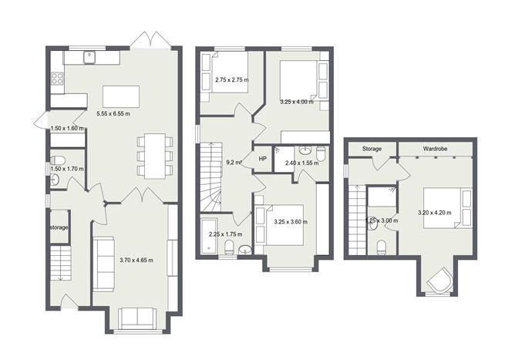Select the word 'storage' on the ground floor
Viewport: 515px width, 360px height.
[x=59, y=228]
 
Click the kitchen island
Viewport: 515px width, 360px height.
[x=121, y=96]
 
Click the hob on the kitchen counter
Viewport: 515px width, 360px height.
[x=56, y=78]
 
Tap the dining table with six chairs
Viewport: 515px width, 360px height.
[x=154, y=156]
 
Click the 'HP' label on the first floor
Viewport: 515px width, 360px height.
[x=262, y=159]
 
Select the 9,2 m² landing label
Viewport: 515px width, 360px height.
[x=234, y=163]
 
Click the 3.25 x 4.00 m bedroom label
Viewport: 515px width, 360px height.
[x=296, y=102]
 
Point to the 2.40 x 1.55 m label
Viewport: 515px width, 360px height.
[x=301, y=163]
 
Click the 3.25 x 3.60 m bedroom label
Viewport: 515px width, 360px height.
[x=291, y=222]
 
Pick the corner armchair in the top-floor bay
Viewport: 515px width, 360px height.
[x=440, y=281]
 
